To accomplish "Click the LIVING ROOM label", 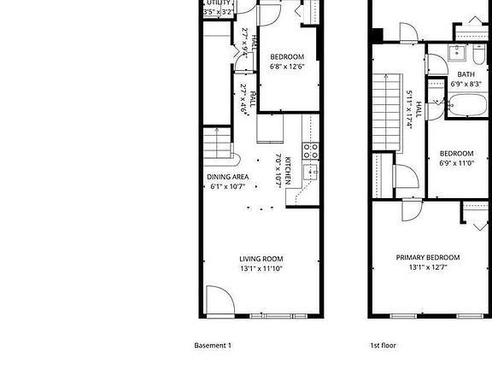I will pos(261,259).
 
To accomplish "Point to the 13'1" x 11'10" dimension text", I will pos(261,269).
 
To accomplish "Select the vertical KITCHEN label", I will pos(288,171).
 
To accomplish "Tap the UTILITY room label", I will pos(218,3).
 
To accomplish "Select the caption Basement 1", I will pos(213,346).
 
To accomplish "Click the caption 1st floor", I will pos(382,346).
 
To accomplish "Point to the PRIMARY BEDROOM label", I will pos(427,257).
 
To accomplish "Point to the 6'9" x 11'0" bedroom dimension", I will pos(457,162).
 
